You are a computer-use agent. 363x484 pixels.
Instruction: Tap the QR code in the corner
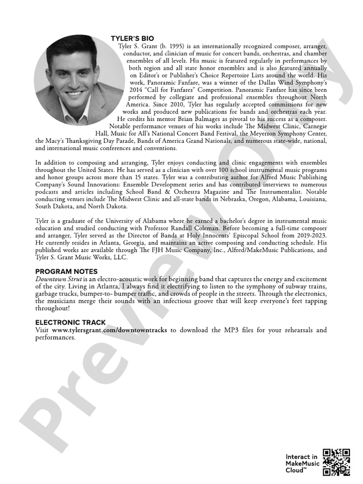pyautogui.click(x=336, y=462)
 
